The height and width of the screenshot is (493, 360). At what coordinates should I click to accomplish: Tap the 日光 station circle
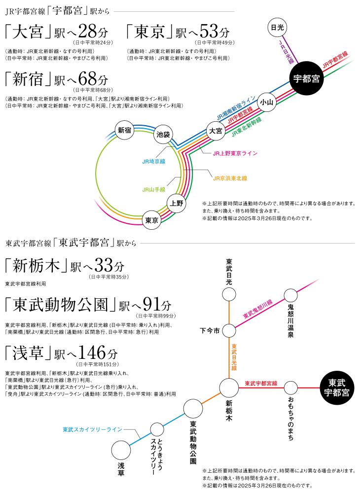pyautogui.click(x=277, y=27)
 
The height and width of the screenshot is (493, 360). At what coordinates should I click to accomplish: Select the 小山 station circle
pyautogui.click(x=267, y=102)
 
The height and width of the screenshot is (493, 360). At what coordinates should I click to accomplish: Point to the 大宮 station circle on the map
pyautogui.click(x=216, y=131)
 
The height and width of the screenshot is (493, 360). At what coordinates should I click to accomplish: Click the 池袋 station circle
pyautogui.click(x=163, y=135)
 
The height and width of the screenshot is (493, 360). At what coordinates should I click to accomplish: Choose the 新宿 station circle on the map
pyautogui.click(x=124, y=130)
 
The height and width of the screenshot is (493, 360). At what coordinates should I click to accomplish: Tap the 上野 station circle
pyautogui.click(x=177, y=203)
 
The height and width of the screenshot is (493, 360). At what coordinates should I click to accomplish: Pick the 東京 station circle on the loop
pyautogui.click(x=152, y=220)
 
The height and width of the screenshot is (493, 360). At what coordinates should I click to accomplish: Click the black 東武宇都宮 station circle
pyautogui.click(x=337, y=387)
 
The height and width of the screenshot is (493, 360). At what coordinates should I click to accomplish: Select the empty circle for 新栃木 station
pyautogui.click(x=229, y=387)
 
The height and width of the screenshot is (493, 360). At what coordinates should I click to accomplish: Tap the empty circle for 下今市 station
pyautogui.click(x=229, y=331)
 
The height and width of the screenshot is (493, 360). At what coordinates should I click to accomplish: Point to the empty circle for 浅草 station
pyautogui.click(x=121, y=450)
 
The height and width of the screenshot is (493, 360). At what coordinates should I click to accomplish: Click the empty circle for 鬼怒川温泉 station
pyautogui.click(x=290, y=295)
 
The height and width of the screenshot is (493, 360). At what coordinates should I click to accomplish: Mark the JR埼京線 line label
pyautogui.click(x=154, y=162)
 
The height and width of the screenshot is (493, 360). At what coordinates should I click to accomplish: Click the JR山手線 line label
pyautogui.click(x=154, y=190)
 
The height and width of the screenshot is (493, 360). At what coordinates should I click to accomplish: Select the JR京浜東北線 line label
pyautogui.click(x=230, y=178)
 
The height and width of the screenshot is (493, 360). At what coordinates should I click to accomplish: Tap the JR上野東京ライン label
pyautogui.click(x=235, y=153)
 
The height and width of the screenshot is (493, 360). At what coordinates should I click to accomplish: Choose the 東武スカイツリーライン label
pyautogui.click(x=92, y=429)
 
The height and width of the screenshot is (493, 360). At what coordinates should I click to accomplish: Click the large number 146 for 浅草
pyautogui.click(x=92, y=352)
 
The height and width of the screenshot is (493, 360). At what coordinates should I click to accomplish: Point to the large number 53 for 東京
pyautogui.click(x=209, y=31)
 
